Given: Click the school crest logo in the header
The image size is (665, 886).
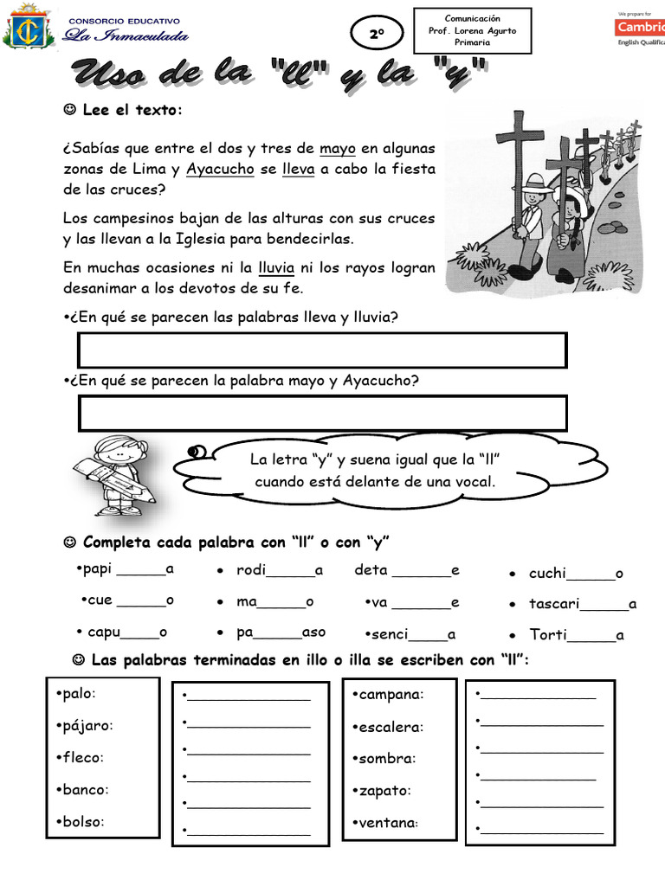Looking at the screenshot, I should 29,29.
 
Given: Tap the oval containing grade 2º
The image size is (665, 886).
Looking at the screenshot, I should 376,35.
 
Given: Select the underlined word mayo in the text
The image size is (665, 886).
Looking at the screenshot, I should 338,148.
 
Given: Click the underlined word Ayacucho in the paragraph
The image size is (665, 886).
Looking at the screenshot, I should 220,169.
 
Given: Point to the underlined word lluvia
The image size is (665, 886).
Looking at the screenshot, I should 277,267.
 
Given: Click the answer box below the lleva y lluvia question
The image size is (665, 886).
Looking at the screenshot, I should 322,350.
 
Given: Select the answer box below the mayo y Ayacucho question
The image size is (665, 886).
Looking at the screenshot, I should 322,413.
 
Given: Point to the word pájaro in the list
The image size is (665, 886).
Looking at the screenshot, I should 87,725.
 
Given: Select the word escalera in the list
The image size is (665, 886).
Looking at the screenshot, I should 390,727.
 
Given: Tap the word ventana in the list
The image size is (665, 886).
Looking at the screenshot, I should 387,822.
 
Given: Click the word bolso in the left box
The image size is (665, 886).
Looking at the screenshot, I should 82,821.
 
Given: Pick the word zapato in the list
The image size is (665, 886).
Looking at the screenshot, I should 384,790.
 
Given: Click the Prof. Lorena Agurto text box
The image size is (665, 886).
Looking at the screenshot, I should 472,30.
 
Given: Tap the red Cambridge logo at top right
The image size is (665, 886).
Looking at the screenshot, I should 639,28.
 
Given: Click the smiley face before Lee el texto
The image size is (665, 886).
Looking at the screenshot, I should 70,110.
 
